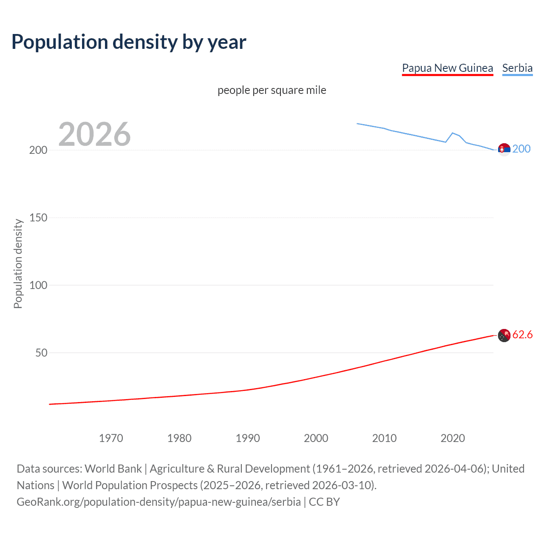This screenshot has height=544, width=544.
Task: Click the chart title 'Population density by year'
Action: click(129, 42)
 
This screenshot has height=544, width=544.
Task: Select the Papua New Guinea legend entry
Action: click(447, 68)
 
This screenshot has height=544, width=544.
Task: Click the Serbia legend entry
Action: click(517, 68)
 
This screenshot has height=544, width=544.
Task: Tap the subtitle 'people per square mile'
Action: click(272, 90)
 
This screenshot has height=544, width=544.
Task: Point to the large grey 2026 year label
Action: click(94, 134)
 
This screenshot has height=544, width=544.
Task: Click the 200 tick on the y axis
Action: click(38, 150)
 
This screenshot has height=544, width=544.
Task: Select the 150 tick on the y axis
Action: click(38, 218)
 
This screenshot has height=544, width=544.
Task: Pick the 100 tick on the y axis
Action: click(38, 285)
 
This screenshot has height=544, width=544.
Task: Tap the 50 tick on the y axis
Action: click(41, 353)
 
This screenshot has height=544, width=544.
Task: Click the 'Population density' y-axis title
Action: click(18, 263)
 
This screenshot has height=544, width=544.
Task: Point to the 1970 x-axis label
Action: click(111, 438)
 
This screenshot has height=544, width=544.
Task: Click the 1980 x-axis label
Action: click(179, 438)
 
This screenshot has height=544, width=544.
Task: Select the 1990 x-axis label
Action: click(248, 438)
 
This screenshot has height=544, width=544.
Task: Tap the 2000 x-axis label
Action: click(316, 438)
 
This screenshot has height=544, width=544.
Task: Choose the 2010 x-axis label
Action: click(384, 438)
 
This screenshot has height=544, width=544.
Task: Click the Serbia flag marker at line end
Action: click(504, 150)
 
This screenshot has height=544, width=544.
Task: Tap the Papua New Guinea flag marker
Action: click(504, 335)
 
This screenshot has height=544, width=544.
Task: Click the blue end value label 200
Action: click(521, 149)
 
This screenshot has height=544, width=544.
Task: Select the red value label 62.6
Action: click(522, 334)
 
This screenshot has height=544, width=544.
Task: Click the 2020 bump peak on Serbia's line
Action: click(453, 133)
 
